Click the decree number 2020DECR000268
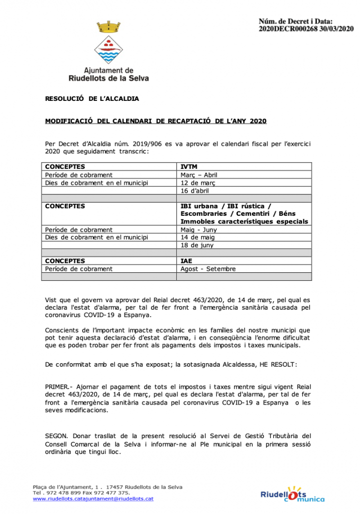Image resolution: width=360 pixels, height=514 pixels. (x=286, y=29)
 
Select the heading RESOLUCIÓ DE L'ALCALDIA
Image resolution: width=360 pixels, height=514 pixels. (x=92, y=99)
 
